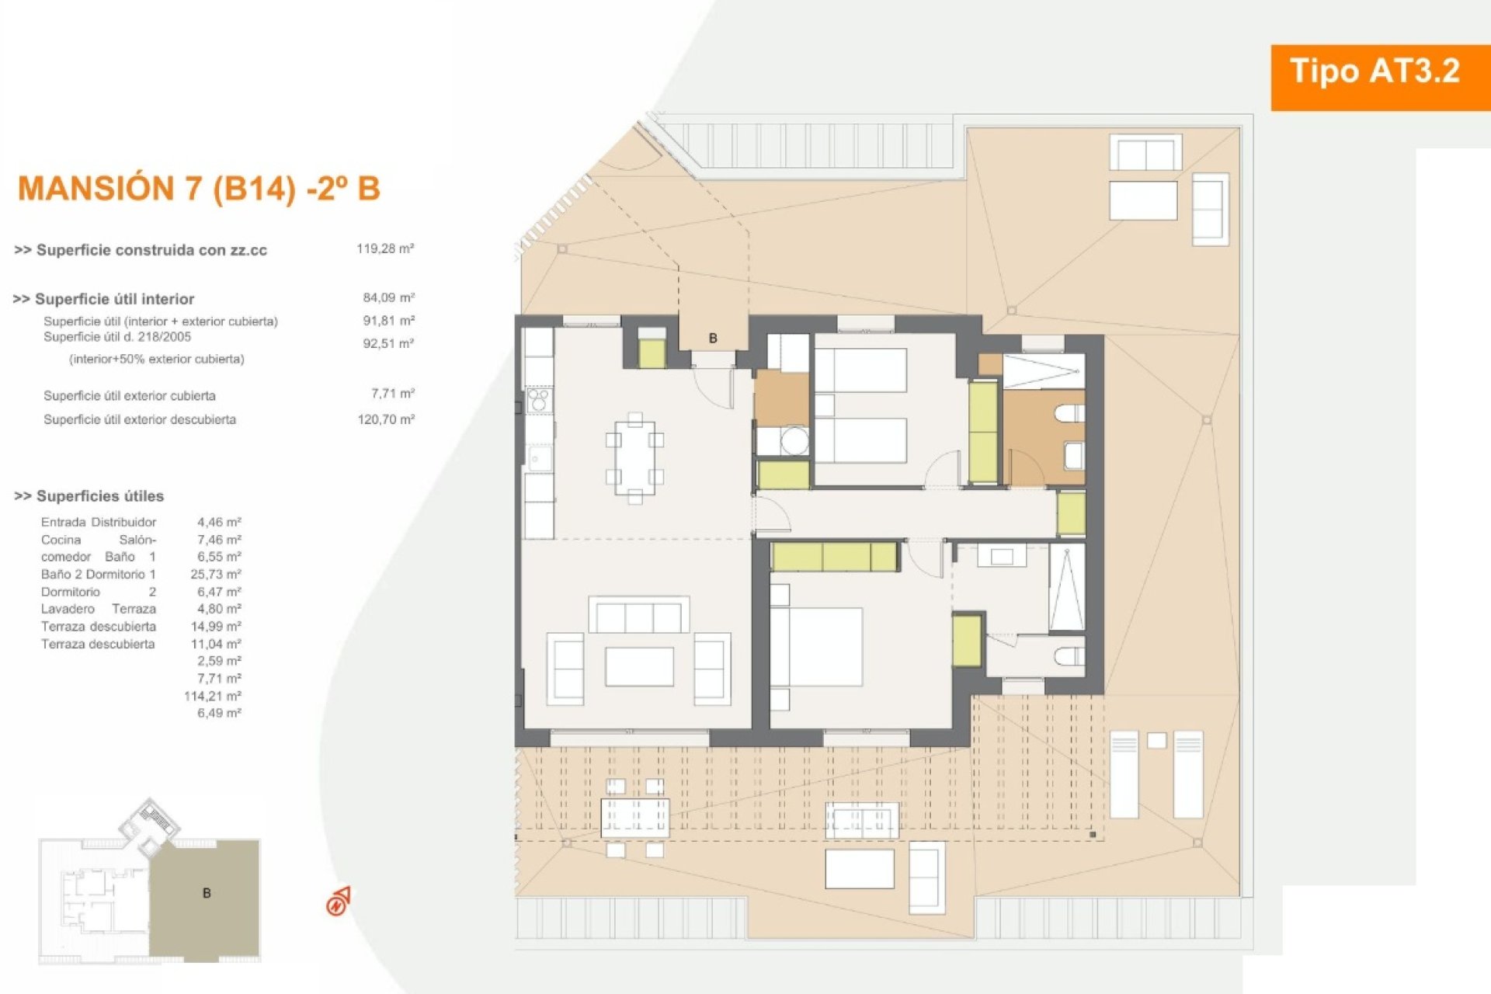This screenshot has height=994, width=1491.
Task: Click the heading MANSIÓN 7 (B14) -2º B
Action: point(199,189)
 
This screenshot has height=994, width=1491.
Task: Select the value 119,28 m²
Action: point(385,248)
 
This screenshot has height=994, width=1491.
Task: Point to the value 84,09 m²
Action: point(388,297)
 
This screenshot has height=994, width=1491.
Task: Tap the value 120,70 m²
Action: point(386,419)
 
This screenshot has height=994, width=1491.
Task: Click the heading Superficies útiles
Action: point(89,496)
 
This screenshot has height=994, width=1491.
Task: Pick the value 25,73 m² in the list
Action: point(216,574)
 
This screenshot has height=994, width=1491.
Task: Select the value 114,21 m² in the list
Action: point(213,696)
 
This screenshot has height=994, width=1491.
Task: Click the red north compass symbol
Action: point(339,902)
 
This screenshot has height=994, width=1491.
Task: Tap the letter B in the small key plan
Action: point(207,893)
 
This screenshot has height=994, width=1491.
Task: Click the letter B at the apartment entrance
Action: point(713,338)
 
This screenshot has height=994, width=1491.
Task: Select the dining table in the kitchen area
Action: point(634,458)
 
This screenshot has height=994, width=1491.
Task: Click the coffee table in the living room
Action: point(639,667)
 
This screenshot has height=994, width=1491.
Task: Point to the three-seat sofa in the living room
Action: point(638,615)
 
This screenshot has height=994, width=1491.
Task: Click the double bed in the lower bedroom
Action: point(816,647)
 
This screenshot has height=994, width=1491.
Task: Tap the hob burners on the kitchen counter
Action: point(538,401)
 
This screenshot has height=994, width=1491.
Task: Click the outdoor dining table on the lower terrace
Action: point(634,818)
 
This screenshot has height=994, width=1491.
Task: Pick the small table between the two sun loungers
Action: point(1156,740)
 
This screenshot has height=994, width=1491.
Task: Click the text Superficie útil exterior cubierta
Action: point(130,396)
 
